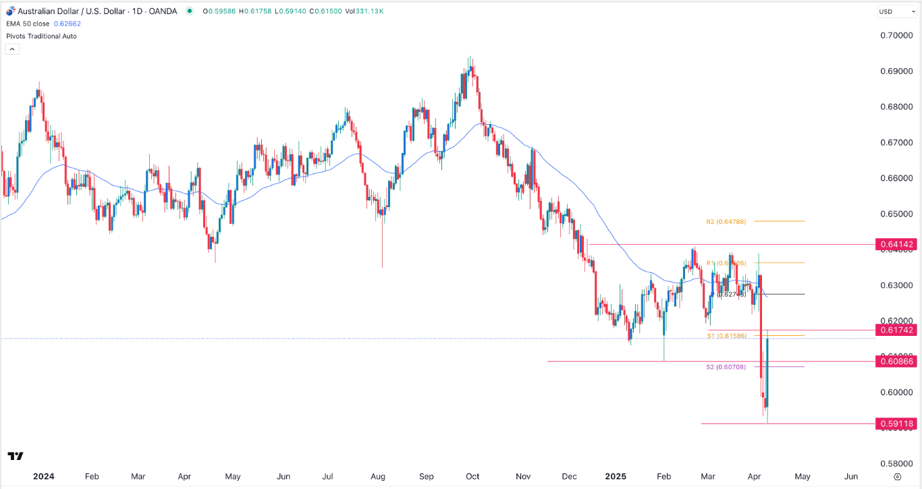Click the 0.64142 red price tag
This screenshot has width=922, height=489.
pos(896,244)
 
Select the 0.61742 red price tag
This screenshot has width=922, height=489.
pos(896,330)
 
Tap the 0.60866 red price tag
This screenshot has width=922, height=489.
pos(896,362)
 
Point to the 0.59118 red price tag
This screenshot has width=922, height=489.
pos(896,424)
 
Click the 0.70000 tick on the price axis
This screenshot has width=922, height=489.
pos(896,36)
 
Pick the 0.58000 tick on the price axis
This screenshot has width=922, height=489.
pos(896,464)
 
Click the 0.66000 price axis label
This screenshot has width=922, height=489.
pos(896,179)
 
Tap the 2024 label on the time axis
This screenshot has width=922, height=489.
pos(43,476)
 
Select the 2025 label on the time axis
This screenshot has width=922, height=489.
pos(616,476)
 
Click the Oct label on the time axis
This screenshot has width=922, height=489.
pos(472,476)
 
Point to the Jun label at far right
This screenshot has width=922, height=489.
pos(852,476)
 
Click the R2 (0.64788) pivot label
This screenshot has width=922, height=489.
pos(726,221)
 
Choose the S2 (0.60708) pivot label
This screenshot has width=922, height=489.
pos(726,367)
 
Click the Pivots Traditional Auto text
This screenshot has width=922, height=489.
pos(41,36)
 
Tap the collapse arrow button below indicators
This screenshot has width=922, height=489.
pos(11,49)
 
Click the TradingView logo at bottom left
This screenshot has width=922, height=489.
pos(16,457)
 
